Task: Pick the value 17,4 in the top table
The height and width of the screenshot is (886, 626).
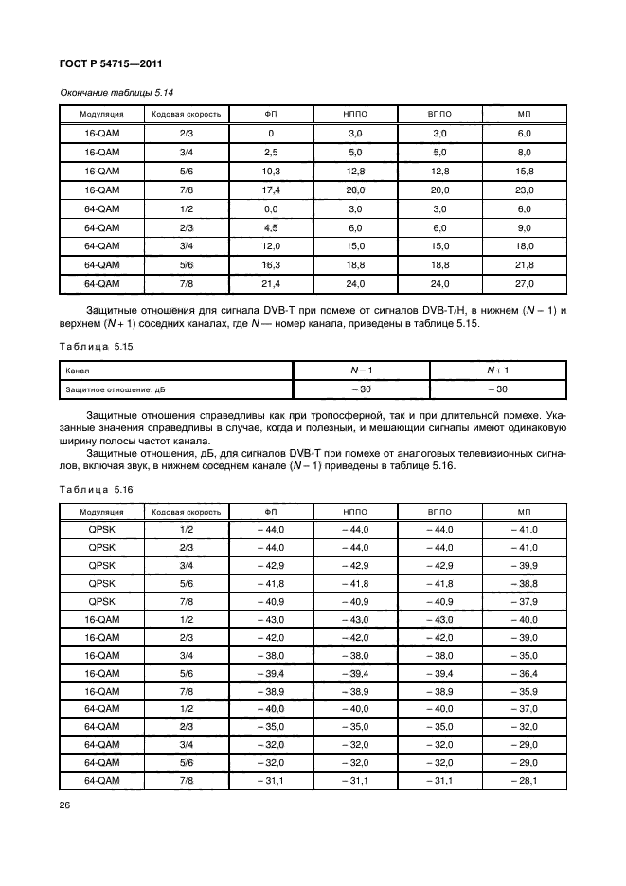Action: [x=271, y=190]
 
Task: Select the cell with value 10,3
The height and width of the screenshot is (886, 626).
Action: [x=271, y=171]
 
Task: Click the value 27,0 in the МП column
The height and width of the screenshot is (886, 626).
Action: [x=525, y=283]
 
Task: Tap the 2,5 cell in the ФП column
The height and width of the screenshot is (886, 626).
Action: [x=271, y=152]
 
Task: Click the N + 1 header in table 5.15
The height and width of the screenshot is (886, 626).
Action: [x=498, y=370]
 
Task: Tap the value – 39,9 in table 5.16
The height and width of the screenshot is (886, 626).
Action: [x=525, y=565]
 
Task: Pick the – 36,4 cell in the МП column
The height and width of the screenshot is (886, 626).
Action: [x=525, y=673]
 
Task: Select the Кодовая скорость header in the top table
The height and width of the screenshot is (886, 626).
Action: [x=187, y=114]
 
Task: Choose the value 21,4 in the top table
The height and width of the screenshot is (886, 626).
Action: [x=271, y=283]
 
